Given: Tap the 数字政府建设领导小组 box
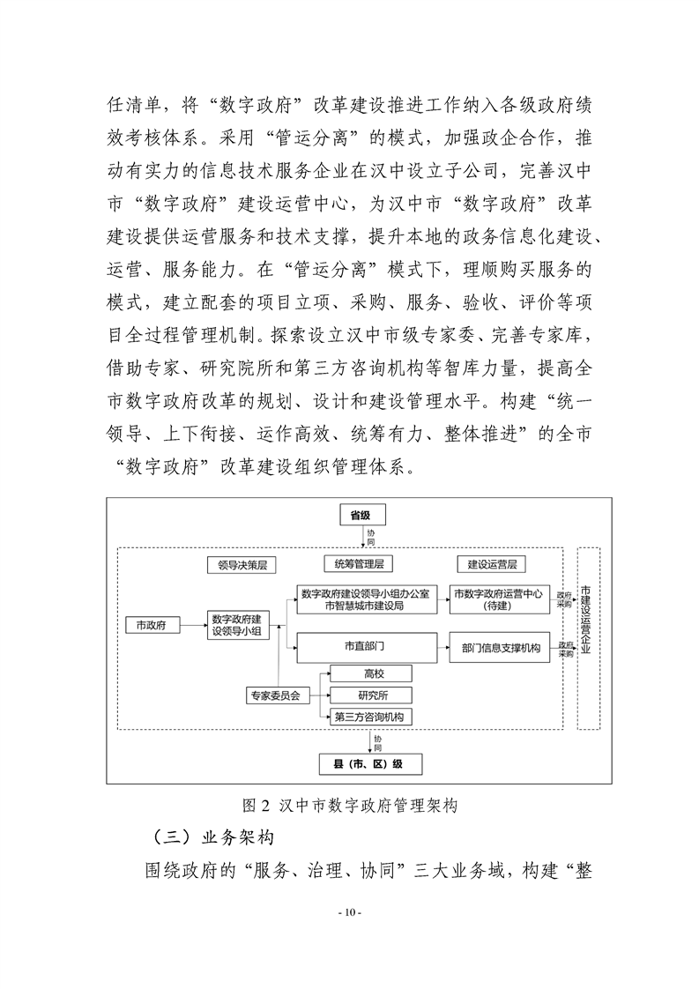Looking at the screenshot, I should point(241,625).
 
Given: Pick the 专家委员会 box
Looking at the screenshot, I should point(273,695).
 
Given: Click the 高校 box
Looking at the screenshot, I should point(370,674).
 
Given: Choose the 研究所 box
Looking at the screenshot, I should point(370,695).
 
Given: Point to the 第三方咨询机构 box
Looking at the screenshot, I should point(370,718).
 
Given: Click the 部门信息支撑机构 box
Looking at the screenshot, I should point(501,647).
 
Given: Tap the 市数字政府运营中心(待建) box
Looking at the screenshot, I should point(501,599).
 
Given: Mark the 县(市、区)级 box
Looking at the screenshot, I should point(370,763).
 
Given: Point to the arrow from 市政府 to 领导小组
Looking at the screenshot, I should point(193,625).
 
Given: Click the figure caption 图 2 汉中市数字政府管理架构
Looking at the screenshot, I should point(350,806).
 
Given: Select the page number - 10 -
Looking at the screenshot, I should point(350,912).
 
